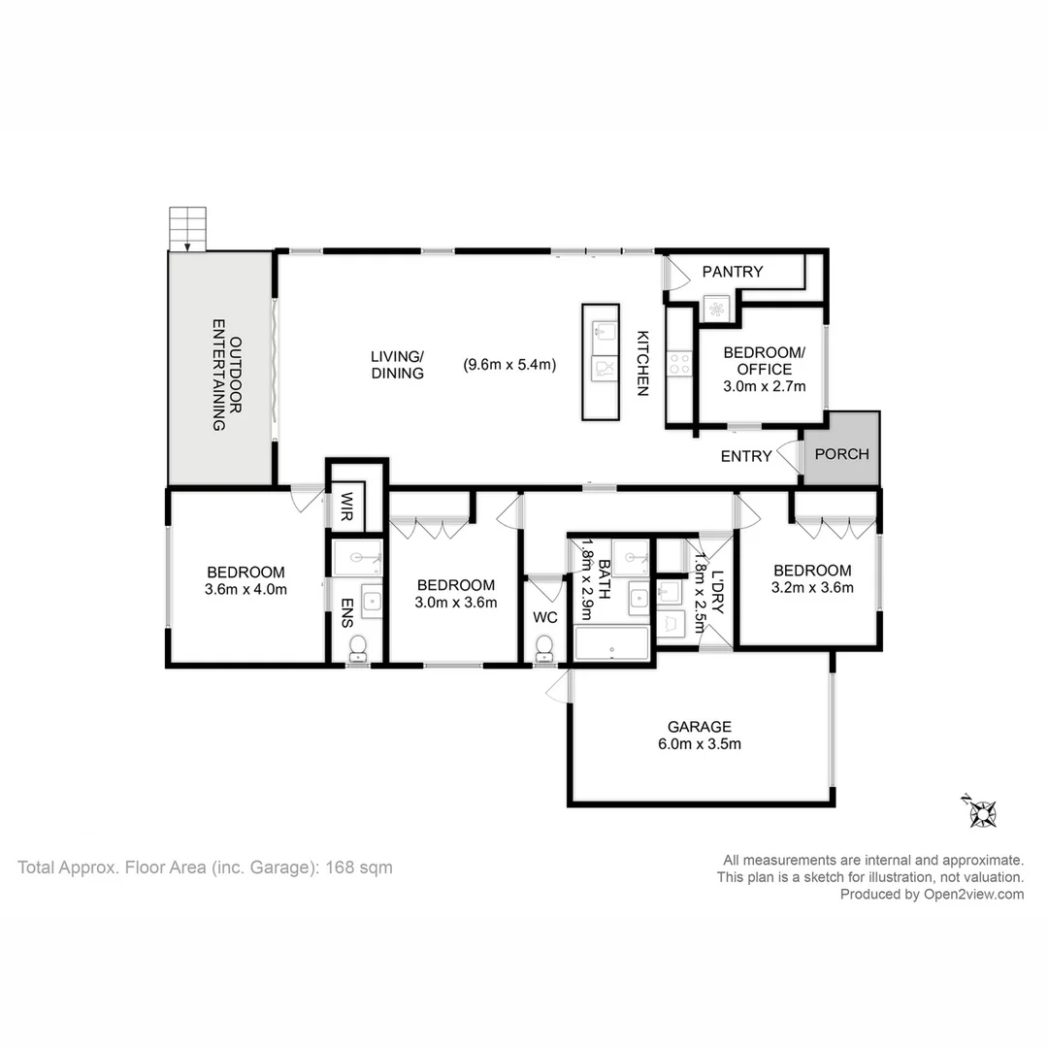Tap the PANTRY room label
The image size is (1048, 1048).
(x=732, y=272)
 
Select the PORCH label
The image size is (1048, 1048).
(x=841, y=454)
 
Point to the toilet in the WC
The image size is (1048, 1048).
(x=544, y=648)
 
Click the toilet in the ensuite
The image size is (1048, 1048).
(x=358, y=648)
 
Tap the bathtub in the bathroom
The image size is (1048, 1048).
(x=611, y=643)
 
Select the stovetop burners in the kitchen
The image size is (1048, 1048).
(x=680, y=364)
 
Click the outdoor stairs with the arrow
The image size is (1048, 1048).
(x=187, y=229)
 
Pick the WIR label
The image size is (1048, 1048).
(x=346, y=507)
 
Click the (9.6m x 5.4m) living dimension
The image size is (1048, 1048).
(x=509, y=364)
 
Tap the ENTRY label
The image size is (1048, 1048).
(x=746, y=456)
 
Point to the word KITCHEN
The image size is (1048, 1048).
(x=642, y=363)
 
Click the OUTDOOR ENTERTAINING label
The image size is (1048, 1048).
(x=226, y=375)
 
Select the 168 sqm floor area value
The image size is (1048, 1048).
(x=359, y=868)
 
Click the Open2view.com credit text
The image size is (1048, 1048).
(x=974, y=895)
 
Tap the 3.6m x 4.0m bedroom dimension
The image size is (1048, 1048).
(x=246, y=590)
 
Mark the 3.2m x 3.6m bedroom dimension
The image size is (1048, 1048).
(x=812, y=587)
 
